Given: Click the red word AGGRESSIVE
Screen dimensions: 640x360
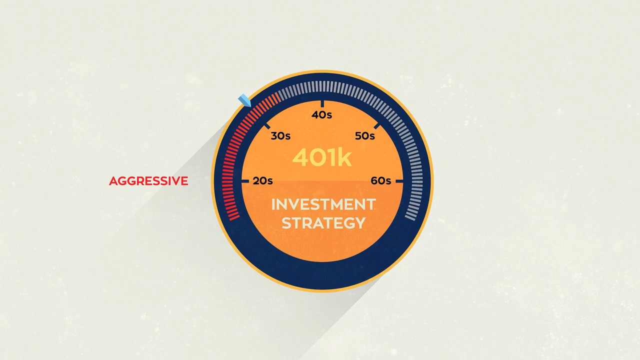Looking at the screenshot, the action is click(x=148, y=181).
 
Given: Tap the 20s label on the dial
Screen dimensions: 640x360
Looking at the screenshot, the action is click(x=262, y=181).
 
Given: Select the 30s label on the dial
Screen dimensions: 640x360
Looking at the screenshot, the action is click(x=280, y=136).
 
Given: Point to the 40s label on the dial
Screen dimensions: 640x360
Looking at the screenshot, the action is click(x=321, y=115).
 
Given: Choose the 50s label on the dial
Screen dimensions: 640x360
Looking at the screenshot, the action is click(x=365, y=136).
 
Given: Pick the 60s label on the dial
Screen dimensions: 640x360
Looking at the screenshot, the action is click(x=381, y=181).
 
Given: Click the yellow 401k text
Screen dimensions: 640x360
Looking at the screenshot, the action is click(x=322, y=157).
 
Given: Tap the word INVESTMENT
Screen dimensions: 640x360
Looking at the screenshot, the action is click(x=323, y=204).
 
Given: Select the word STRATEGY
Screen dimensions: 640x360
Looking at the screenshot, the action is click(x=323, y=223).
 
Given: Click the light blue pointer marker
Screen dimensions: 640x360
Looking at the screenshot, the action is click(x=244, y=100).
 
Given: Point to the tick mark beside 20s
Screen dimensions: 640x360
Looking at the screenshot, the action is click(x=245, y=181).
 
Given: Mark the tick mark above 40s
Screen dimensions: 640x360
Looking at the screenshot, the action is click(x=322, y=104).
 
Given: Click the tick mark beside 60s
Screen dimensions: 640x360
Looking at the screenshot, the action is click(x=399, y=181).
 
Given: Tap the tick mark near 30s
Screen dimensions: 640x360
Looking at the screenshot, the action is click(x=267, y=126).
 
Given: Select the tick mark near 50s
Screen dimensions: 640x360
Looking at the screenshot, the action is click(x=377, y=126).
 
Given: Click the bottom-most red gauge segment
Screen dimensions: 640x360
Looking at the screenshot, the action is click(x=234, y=217).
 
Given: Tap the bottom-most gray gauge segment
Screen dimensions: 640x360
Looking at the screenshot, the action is click(x=410, y=217).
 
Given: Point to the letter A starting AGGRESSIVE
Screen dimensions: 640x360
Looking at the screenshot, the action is click(x=113, y=181).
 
